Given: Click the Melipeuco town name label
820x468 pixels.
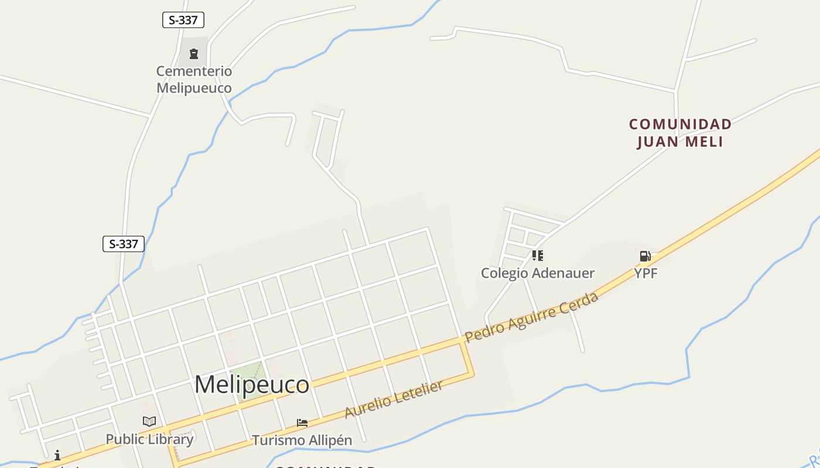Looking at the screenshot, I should [252, 384].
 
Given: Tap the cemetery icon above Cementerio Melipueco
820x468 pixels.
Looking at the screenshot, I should [194, 54].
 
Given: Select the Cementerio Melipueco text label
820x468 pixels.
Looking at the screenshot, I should [194, 80].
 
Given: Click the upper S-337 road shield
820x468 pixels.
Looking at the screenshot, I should [183, 20].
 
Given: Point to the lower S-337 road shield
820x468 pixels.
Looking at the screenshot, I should [124, 244].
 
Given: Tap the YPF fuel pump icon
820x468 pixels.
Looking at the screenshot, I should [645, 256].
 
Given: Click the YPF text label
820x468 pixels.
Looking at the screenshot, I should [646, 273].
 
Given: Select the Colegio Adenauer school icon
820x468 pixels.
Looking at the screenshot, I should [538, 256].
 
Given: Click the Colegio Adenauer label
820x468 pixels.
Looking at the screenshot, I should [538, 273].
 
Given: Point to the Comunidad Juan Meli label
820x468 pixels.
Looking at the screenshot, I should [680, 133].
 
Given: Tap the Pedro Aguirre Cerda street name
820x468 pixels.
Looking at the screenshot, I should [531, 318].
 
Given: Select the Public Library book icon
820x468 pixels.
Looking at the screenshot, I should [149, 421].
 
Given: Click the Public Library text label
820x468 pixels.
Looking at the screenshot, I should [149, 439].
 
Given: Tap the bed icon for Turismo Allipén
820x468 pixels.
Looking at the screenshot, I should [302, 422].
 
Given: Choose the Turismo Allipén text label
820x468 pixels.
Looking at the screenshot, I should [302, 440].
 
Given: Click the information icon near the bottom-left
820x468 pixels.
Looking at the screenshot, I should [57, 455].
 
